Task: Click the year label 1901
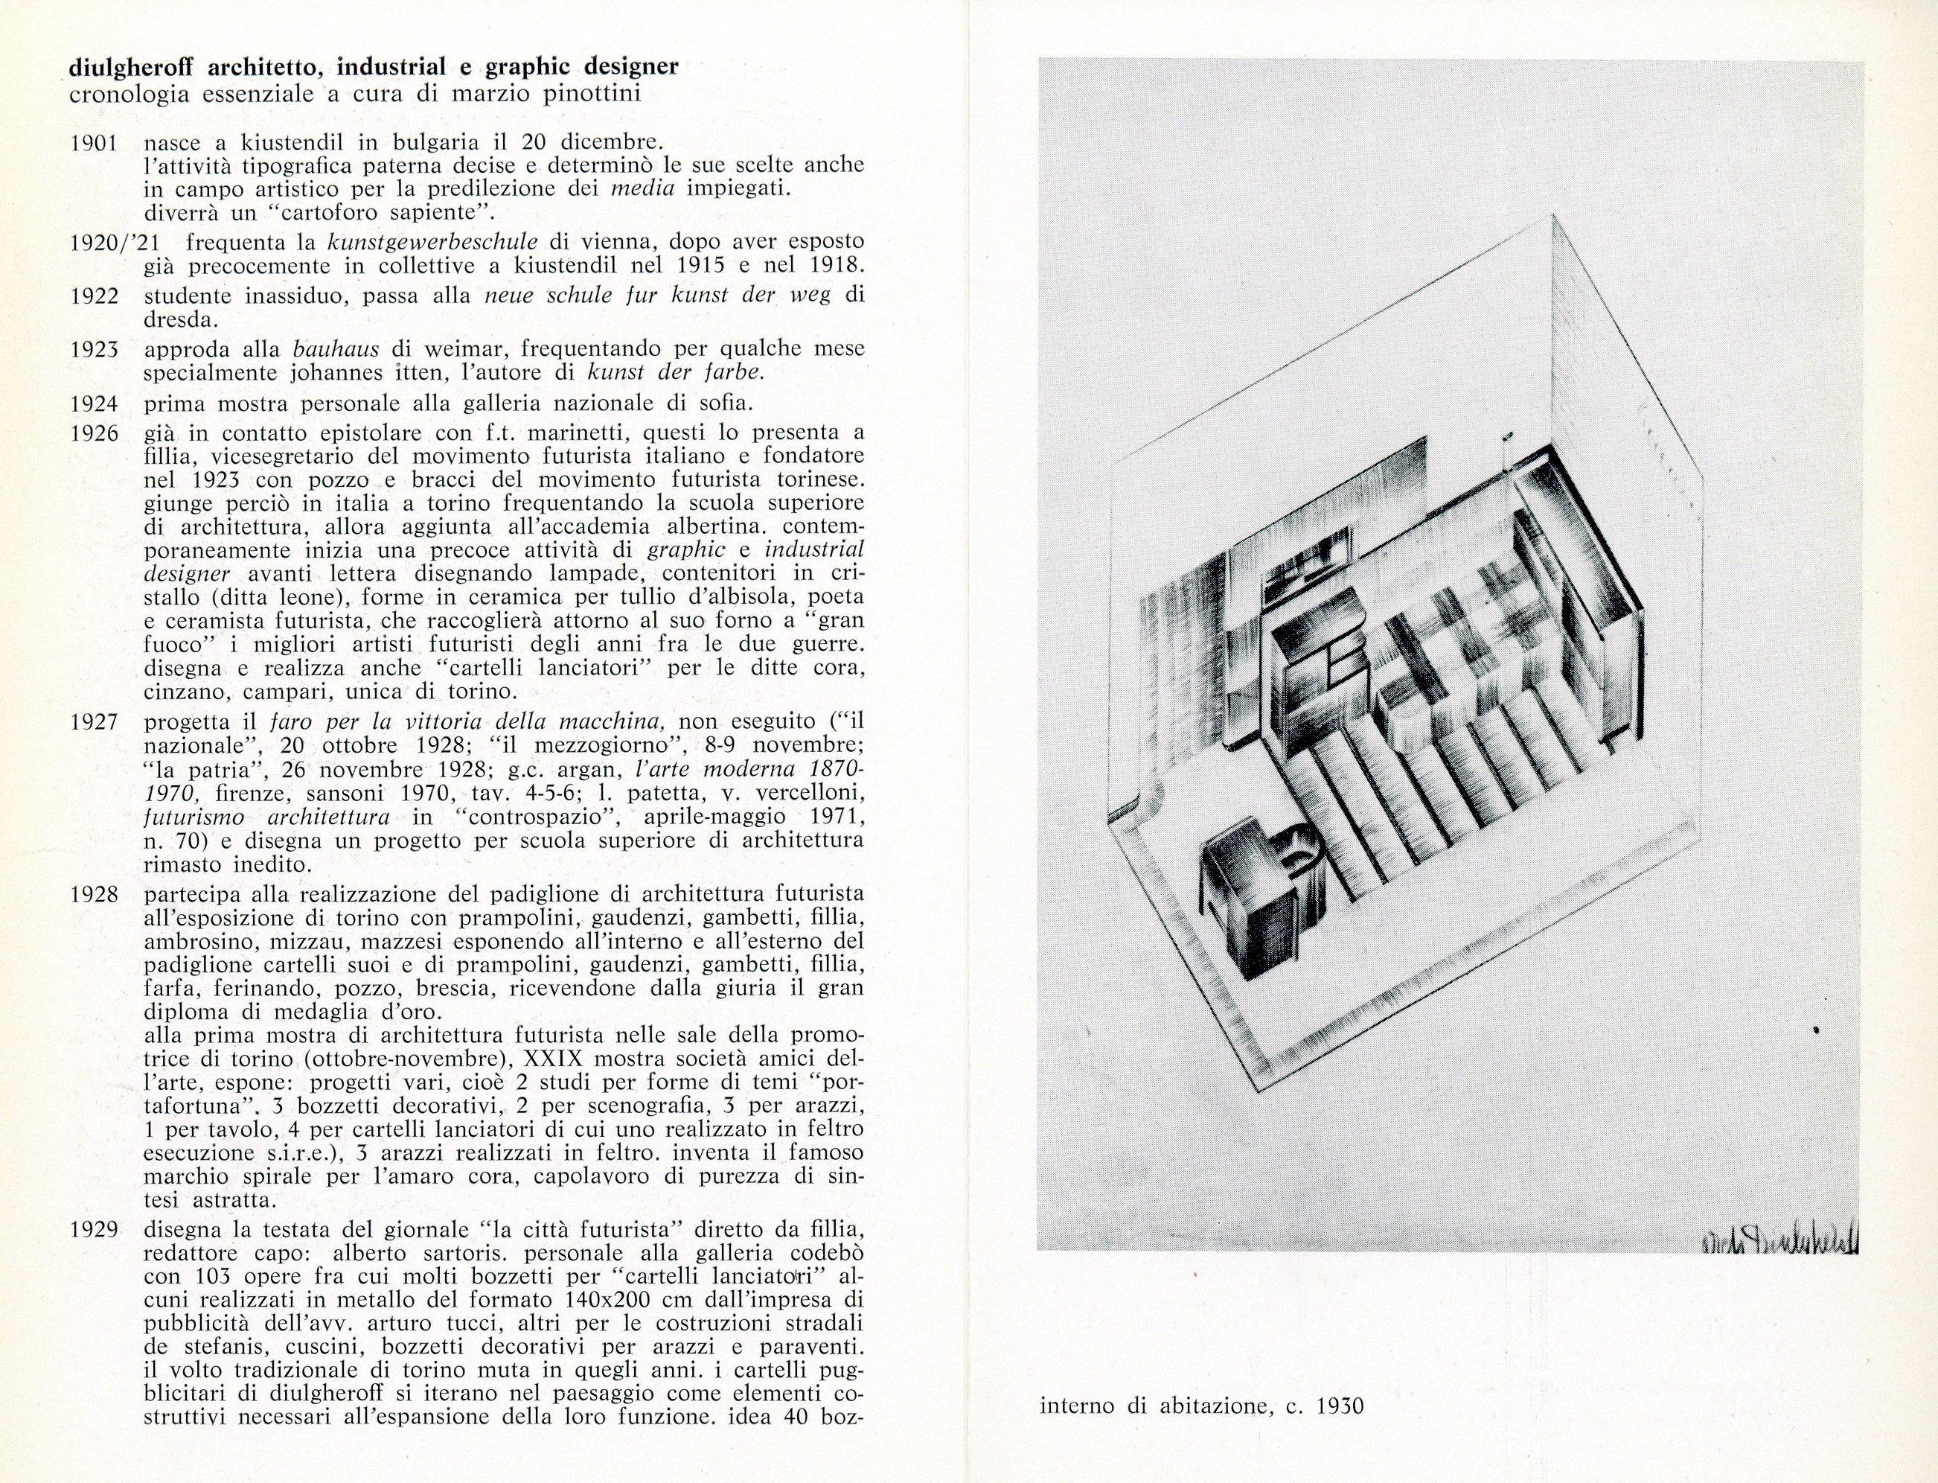95,142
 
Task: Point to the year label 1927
95,722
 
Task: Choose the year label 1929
95,1229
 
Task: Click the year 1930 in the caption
1340,1406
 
